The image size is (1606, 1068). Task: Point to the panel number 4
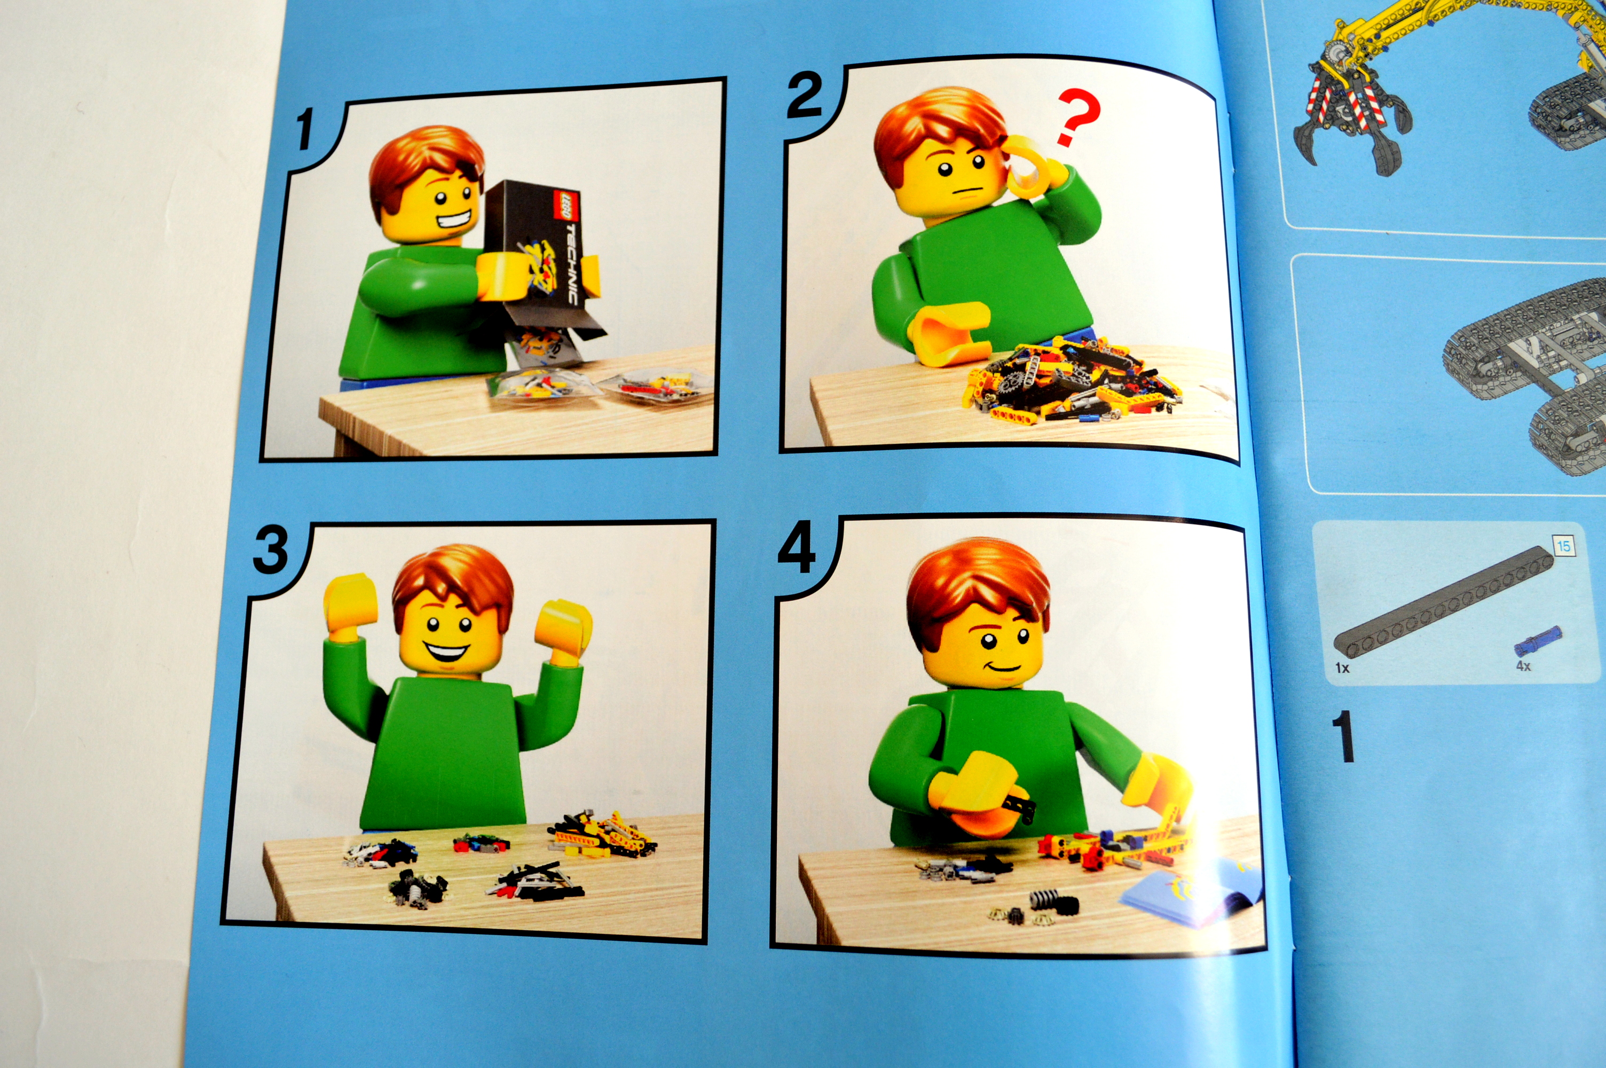point(797,551)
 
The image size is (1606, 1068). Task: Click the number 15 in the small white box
point(1563,546)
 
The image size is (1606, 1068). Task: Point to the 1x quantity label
point(1342,668)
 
